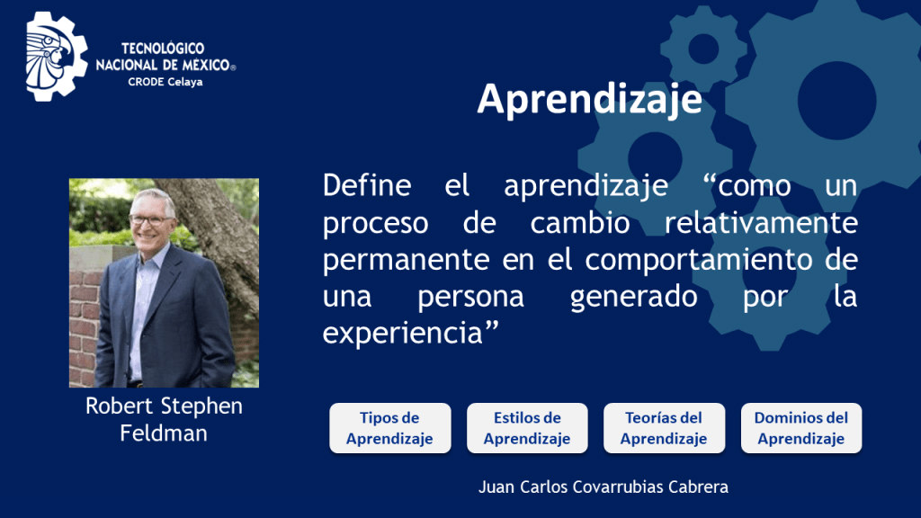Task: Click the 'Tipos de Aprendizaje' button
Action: pyautogui.click(x=390, y=428)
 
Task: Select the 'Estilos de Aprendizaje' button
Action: pyautogui.click(x=527, y=428)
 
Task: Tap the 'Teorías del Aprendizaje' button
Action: pyautogui.click(x=664, y=428)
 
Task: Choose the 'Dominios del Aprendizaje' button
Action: pyautogui.click(x=801, y=428)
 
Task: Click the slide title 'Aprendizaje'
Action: pyautogui.click(x=590, y=100)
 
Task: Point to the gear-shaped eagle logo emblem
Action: pyautogui.click(x=57, y=57)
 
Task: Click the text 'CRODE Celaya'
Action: pyautogui.click(x=165, y=82)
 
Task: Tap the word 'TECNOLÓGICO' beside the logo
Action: pyautogui.click(x=163, y=49)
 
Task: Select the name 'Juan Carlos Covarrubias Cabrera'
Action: pyautogui.click(x=604, y=487)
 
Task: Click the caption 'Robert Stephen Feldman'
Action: pyautogui.click(x=164, y=419)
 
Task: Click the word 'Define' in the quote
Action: pyautogui.click(x=367, y=185)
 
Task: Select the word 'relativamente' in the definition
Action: pyautogui.click(x=761, y=223)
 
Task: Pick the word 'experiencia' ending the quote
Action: pyautogui.click(x=402, y=333)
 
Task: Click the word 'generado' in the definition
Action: pyautogui.click(x=634, y=297)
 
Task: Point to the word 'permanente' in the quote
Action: pyautogui.click(x=406, y=260)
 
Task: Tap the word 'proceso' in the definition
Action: pyautogui.click(x=375, y=224)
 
